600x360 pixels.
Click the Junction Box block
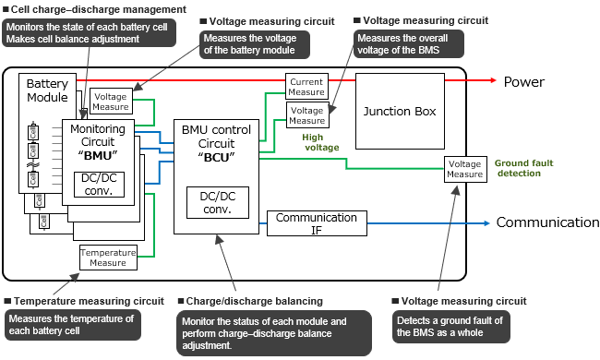pos(399,112)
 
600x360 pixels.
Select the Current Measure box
pos(306,86)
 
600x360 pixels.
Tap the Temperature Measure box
pos(107,258)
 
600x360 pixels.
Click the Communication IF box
pos(316,223)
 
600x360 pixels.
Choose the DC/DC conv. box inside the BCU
pos(218,203)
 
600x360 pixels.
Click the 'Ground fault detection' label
pos(524,167)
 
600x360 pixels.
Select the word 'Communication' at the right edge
pos(547,222)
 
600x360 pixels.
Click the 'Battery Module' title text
pos(47,90)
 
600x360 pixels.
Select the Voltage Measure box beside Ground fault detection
pos(464,168)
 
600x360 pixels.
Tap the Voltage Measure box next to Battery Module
pos(110,102)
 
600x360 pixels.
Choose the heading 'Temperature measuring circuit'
pos(88,301)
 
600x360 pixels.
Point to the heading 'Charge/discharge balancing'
pos(254,301)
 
